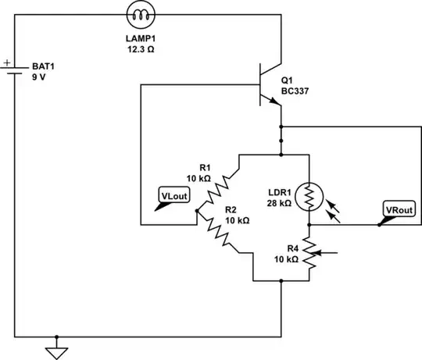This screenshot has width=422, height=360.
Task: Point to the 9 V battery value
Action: (38, 78)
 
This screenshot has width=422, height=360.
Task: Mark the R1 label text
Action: (205, 167)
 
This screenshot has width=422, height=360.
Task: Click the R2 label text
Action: (231, 210)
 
